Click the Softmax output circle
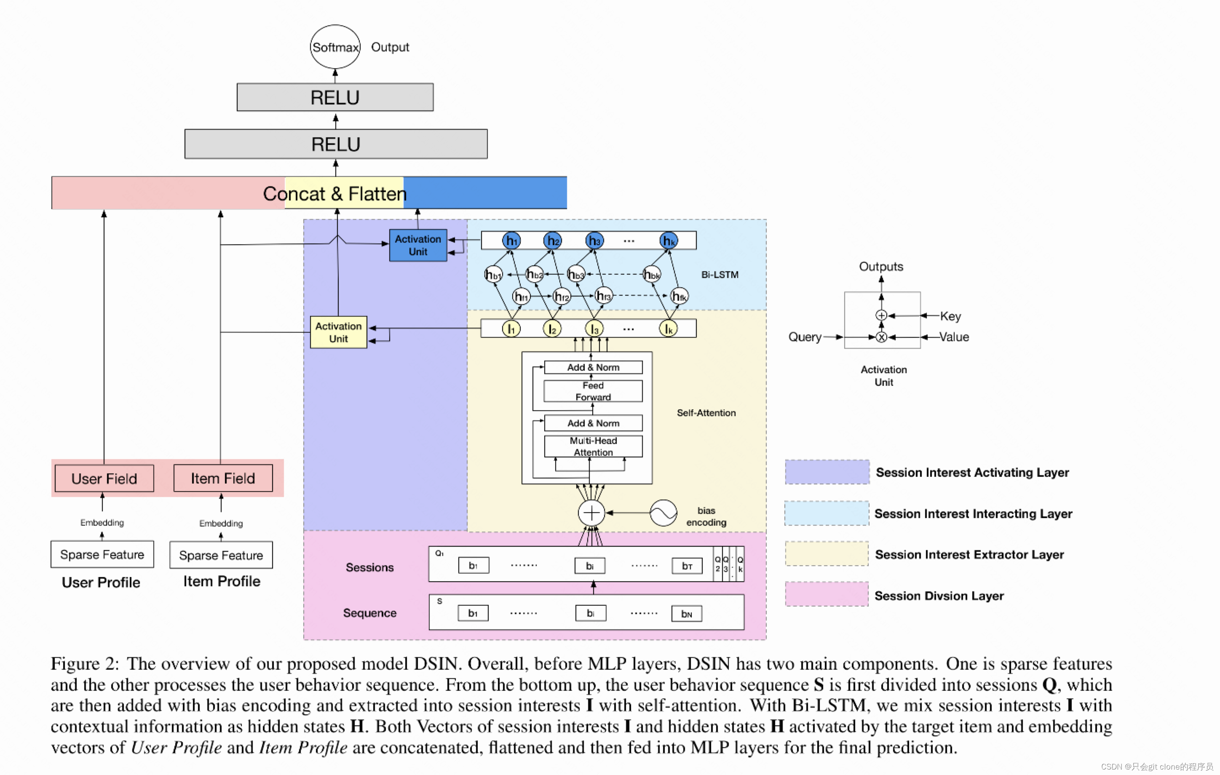(x=335, y=47)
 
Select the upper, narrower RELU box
(x=335, y=97)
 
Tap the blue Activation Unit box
(x=418, y=245)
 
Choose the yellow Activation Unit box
(x=338, y=332)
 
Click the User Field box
(x=104, y=478)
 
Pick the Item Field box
(x=223, y=478)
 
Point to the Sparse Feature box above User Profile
(x=102, y=555)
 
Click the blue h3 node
(x=594, y=241)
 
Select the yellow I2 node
(x=552, y=329)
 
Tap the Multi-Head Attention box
(x=593, y=446)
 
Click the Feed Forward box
(x=593, y=391)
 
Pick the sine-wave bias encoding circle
(x=663, y=513)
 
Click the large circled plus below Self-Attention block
(x=591, y=513)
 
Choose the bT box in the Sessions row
(x=687, y=566)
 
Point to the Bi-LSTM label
(x=720, y=275)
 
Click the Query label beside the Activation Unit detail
(x=805, y=337)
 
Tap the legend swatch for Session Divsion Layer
(x=827, y=594)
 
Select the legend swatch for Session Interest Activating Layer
(x=827, y=472)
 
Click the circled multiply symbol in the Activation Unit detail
(x=882, y=337)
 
